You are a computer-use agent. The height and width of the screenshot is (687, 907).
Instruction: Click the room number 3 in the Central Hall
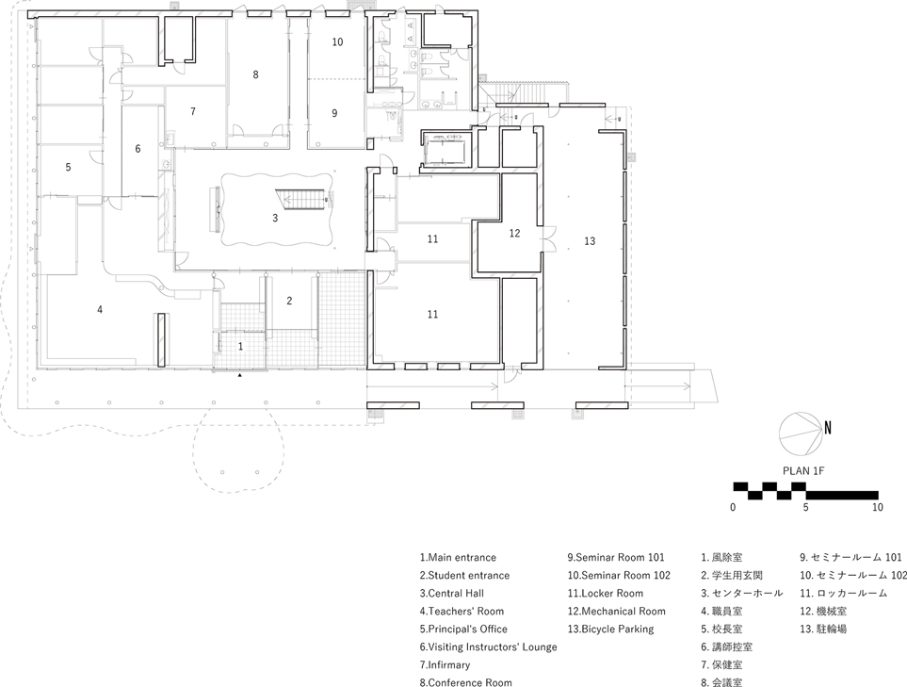click(x=275, y=218)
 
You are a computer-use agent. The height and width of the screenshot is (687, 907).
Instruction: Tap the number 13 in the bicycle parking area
click(x=590, y=241)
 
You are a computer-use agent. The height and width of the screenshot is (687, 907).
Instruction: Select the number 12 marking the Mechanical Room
click(x=514, y=232)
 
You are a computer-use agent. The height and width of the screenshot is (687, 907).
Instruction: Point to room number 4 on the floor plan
click(x=100, y=308)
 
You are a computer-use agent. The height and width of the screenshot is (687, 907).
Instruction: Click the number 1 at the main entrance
click(x=240, y=347)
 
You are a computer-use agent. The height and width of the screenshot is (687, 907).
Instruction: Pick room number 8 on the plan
click(x=254, y=74)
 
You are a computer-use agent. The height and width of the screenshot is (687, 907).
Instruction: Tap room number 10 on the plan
click(x=337, y=42)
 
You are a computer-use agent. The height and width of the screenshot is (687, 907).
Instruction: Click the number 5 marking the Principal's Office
click(x=68, y=167)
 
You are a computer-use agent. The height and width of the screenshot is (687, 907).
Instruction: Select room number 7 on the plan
click(x=192, y=111)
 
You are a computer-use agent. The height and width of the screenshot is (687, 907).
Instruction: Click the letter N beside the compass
click(x=828, y=427)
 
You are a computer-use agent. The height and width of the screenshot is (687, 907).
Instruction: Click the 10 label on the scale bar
click(x=877, y=507)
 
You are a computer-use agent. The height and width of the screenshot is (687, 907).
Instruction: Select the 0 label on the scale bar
click(x=733, y=507)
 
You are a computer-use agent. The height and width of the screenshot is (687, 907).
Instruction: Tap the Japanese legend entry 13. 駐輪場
click(x=823, y=629)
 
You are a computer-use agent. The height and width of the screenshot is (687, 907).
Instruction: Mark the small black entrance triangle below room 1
click(x=240, y=375)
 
